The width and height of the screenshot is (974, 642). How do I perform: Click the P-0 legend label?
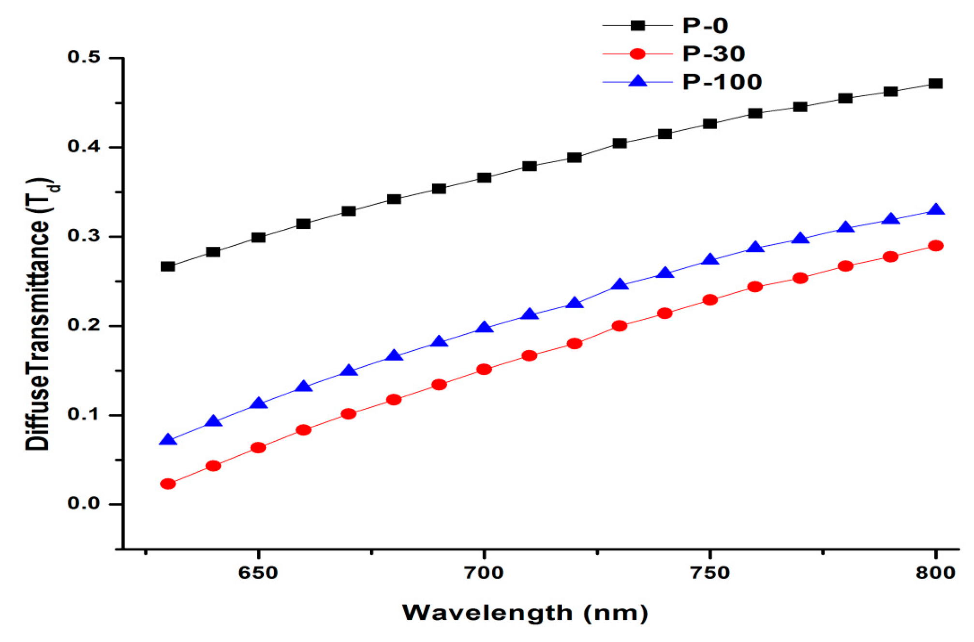point(705,26)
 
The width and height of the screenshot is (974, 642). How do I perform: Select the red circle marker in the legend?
point(638,54)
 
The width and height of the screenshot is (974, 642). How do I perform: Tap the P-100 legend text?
point(722,82)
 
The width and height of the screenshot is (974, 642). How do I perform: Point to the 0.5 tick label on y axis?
point(84,57)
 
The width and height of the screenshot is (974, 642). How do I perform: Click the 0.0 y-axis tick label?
point(84,504)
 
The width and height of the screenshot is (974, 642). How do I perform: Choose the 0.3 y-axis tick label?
point(84,236)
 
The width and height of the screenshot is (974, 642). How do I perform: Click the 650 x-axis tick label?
point(258,573)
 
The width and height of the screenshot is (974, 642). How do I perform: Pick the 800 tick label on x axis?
point(935,573)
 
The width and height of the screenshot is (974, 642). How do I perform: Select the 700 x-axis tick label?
point(484,573)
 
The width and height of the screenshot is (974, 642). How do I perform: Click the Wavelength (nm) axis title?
point(525,613)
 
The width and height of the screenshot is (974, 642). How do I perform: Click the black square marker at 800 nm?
point(936,84)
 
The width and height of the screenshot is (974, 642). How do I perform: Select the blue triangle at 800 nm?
point(936,210)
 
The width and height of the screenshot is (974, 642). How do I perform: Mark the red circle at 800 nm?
point(936,246)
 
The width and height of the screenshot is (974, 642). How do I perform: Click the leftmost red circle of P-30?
point(168,484)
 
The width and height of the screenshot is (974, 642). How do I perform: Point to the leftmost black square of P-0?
point(168,267)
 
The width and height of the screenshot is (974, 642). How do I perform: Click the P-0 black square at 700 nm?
point(484,178)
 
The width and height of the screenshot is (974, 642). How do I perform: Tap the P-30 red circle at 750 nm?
point(710,300)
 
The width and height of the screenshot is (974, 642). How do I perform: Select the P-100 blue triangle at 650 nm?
point(258,403)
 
